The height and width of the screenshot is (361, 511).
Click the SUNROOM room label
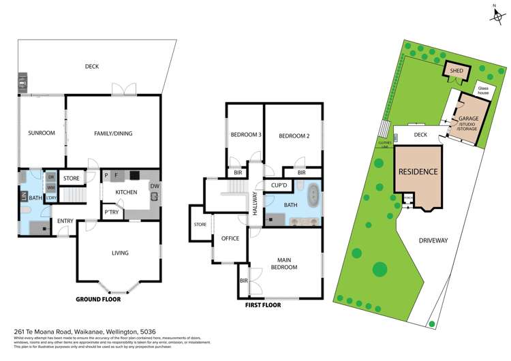[x=41, y=133]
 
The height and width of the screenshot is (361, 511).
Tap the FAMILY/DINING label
[x=113, y=134]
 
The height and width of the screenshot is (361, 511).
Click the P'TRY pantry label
[x=112, y=213]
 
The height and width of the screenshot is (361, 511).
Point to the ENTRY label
[x=65, y=221]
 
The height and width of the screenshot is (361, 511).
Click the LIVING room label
[x=120, y=253]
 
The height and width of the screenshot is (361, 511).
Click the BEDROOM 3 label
[x=246, y=135]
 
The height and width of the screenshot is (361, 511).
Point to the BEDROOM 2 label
[x=294, y=136]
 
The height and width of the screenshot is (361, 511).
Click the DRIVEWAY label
[x=433, y=240]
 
